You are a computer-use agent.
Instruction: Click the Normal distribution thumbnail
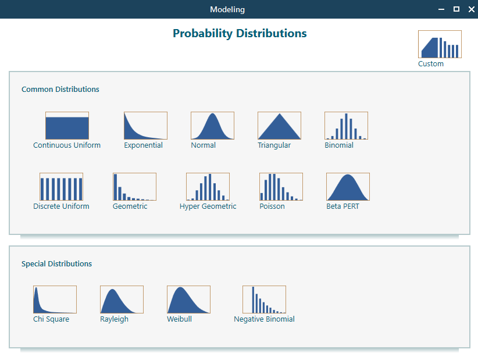[212, 126]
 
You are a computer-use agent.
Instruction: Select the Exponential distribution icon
[145, 126]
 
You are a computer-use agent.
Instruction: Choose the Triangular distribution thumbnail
[279, 126]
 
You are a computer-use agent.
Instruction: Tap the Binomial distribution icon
[346, 126]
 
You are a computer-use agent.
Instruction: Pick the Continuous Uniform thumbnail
[67, 126]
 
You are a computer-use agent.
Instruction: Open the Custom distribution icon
[440, 45]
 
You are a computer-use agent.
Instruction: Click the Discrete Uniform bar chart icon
[61, 187]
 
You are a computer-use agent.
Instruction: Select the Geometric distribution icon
[134, 187]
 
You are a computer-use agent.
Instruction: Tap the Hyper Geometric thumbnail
[208, 187]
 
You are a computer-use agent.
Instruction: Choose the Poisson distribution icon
[281, 187]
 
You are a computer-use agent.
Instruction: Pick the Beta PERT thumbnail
[348, 187]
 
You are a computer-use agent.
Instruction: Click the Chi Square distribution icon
[55, 300]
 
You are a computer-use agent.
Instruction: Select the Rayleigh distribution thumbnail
[122, 300]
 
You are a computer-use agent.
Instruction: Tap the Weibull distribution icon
[188, 300]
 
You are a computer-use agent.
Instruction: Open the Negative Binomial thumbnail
[264, 300]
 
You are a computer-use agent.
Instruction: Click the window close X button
[470, 9]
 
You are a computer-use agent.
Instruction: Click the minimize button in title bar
[442, 9]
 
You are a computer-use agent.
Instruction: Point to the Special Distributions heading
[56, 263]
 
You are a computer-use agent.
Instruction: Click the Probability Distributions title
[240, 33]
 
